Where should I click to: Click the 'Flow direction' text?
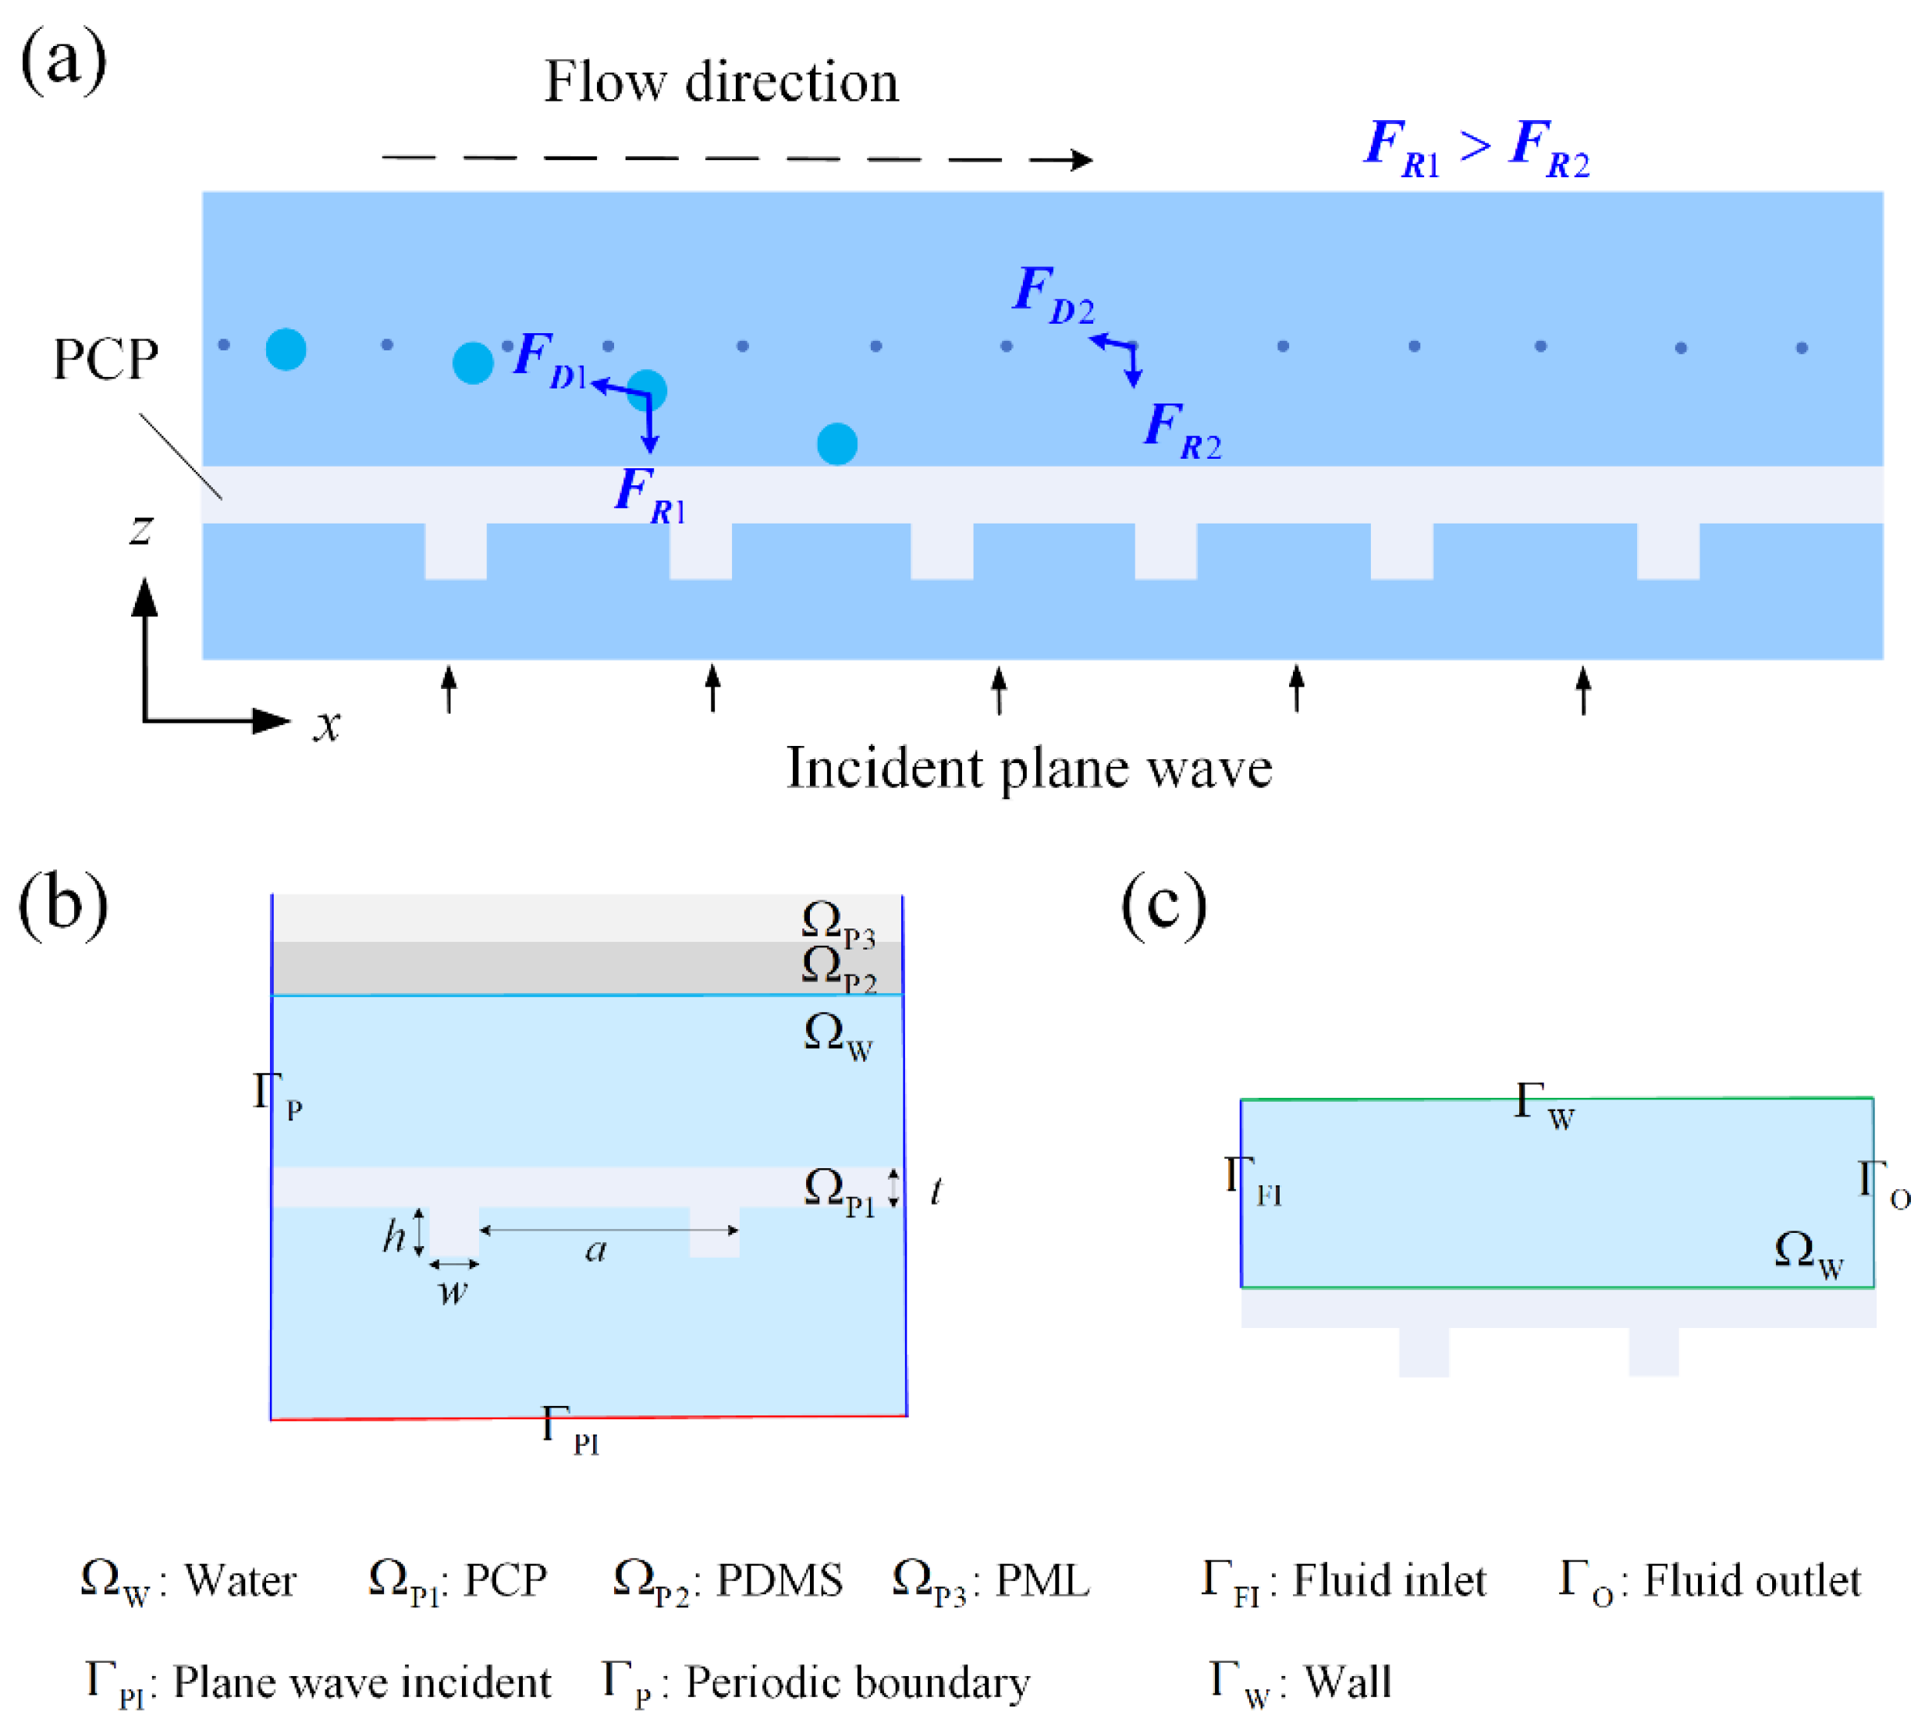pos(721,82)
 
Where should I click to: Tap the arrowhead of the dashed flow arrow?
pos(1081,160)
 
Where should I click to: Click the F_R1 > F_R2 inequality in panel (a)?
pos(1476,147)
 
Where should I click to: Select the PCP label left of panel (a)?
pos(105,360)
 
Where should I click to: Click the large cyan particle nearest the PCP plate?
pos(837,444)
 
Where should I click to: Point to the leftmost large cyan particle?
pos(286,350)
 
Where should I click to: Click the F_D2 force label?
pos(1052,294)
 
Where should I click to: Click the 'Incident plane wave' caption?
pos(1028,768)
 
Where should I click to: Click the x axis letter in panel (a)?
pos(327,726)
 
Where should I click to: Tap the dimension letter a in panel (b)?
pos(596,1249)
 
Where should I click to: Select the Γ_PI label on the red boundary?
pos(570,1430)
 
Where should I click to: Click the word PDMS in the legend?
pos(779,1581)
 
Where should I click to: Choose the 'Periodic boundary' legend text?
pos(857,1682)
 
